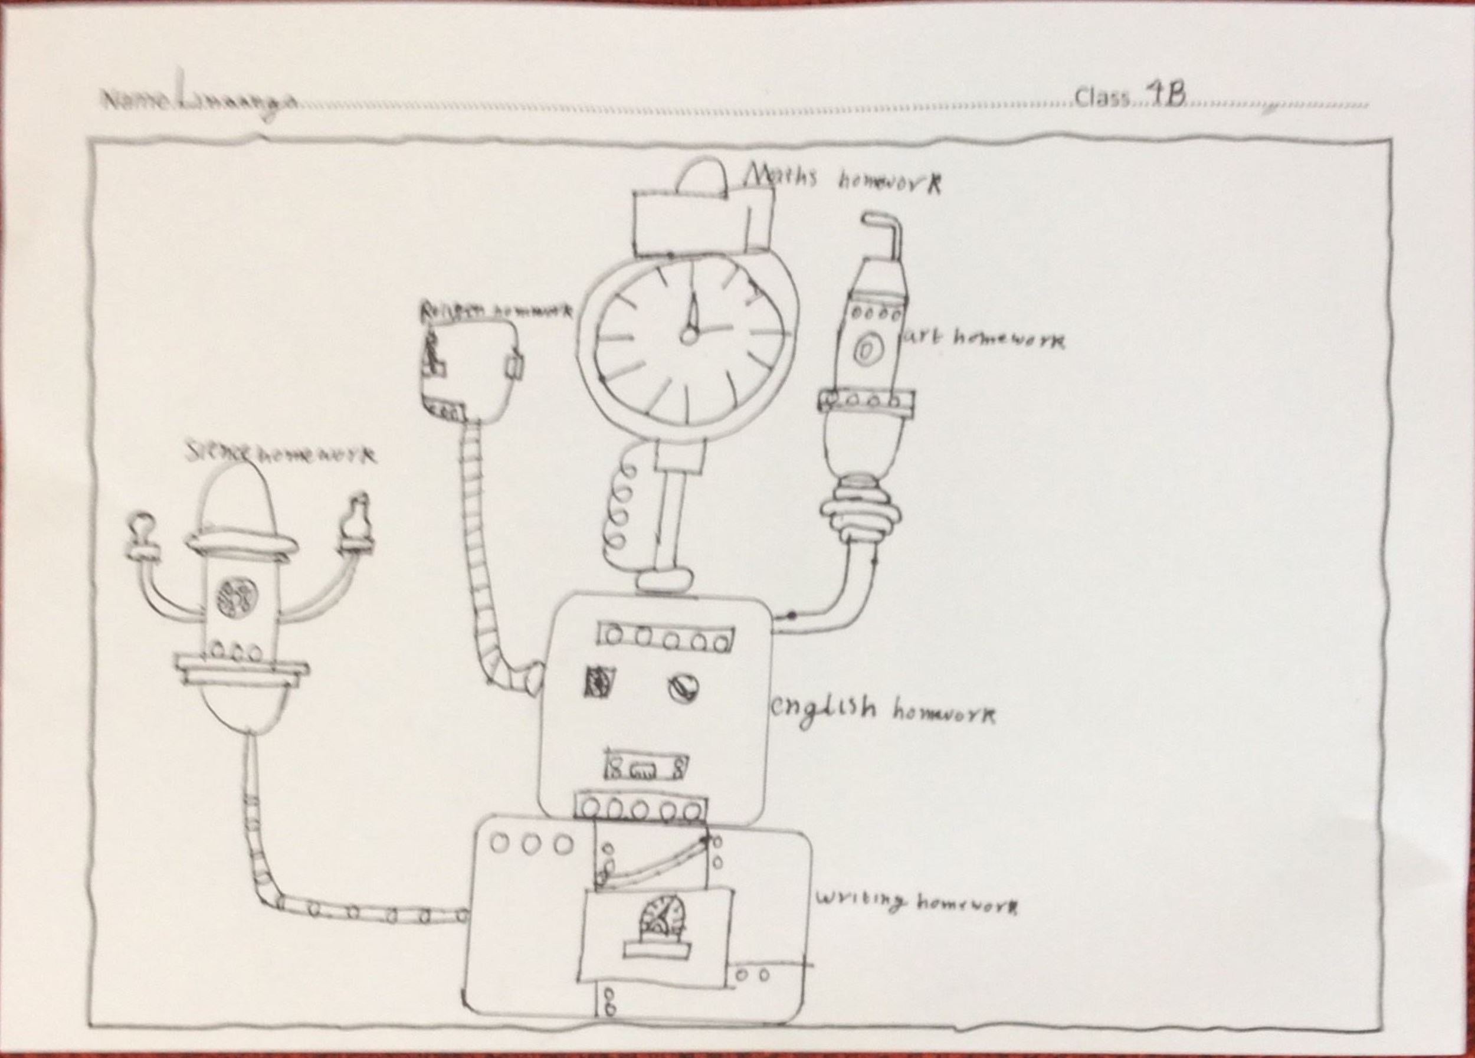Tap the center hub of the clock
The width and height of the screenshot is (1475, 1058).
click(x=688, y=336)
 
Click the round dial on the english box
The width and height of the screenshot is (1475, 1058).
click(x=682, y=686)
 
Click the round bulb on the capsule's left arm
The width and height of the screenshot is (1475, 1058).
click(x=143, y=524)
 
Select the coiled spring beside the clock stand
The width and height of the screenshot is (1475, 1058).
click(x=618, y=514)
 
